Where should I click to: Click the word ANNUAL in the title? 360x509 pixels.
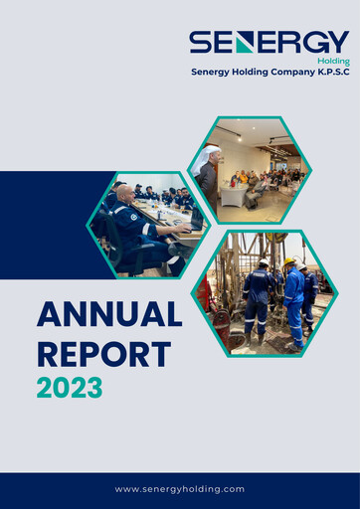point(109,315)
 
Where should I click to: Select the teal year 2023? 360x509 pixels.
point(70,388)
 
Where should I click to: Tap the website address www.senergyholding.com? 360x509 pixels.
point(180,489)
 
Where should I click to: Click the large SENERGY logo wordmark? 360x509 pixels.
point(269,43)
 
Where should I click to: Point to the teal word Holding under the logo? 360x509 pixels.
point(332,61)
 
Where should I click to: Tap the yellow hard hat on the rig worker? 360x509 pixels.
point(288,262)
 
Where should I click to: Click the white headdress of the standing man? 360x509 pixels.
point(209,156)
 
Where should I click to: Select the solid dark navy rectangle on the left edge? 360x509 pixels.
point(45,225)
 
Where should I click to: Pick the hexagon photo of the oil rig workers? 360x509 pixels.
point(270,292)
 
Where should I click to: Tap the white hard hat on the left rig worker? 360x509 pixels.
point(264,263)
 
